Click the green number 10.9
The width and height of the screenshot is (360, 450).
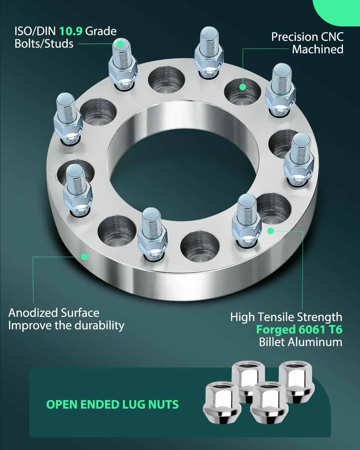coord(71,31)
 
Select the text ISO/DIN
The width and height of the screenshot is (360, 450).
coord(35,31)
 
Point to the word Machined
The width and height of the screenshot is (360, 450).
coord(317,49)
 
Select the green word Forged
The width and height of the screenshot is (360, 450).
coord(276,330)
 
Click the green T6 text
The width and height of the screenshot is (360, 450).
coord(335,330)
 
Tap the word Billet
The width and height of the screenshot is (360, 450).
coord(272,342)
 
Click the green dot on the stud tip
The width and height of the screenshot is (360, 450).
coord(120,44)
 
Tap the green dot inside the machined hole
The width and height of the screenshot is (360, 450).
coord(242,87)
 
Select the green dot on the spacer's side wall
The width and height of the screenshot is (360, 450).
coord(84,257)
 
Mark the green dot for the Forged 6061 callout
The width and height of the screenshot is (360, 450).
coord(271,231)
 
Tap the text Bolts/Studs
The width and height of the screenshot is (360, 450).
coord(44,44)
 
